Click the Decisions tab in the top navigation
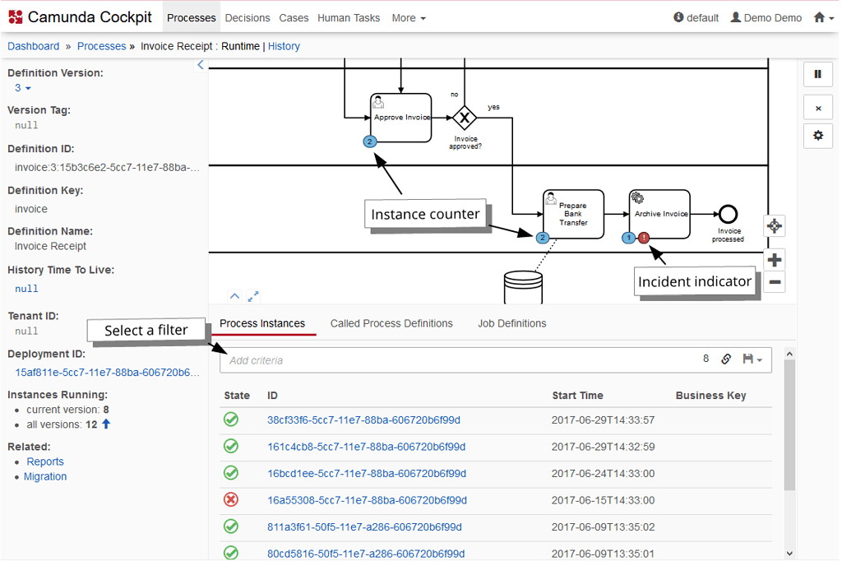[x=247, y=17]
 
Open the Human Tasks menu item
[x=349, y=17]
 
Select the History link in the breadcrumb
[x=284, y=46]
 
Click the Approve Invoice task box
[x=400, y=118]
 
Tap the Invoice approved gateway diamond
[x=465, y=118]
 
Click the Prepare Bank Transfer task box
[x=573, y=214]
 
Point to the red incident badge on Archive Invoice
[x=644, y=238]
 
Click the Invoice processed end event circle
[x=728, y=214]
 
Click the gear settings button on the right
[x=817, y=136]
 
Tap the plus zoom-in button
[x=774, y=260]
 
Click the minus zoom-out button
[x=774, y=282]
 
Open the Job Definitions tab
[x=511, y=323]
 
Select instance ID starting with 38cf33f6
[x=363, y=420]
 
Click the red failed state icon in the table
[x=231, y=500]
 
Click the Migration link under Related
[x=45, y=476]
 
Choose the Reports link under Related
[x=45, y=461]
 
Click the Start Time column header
[x=577, y=396]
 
